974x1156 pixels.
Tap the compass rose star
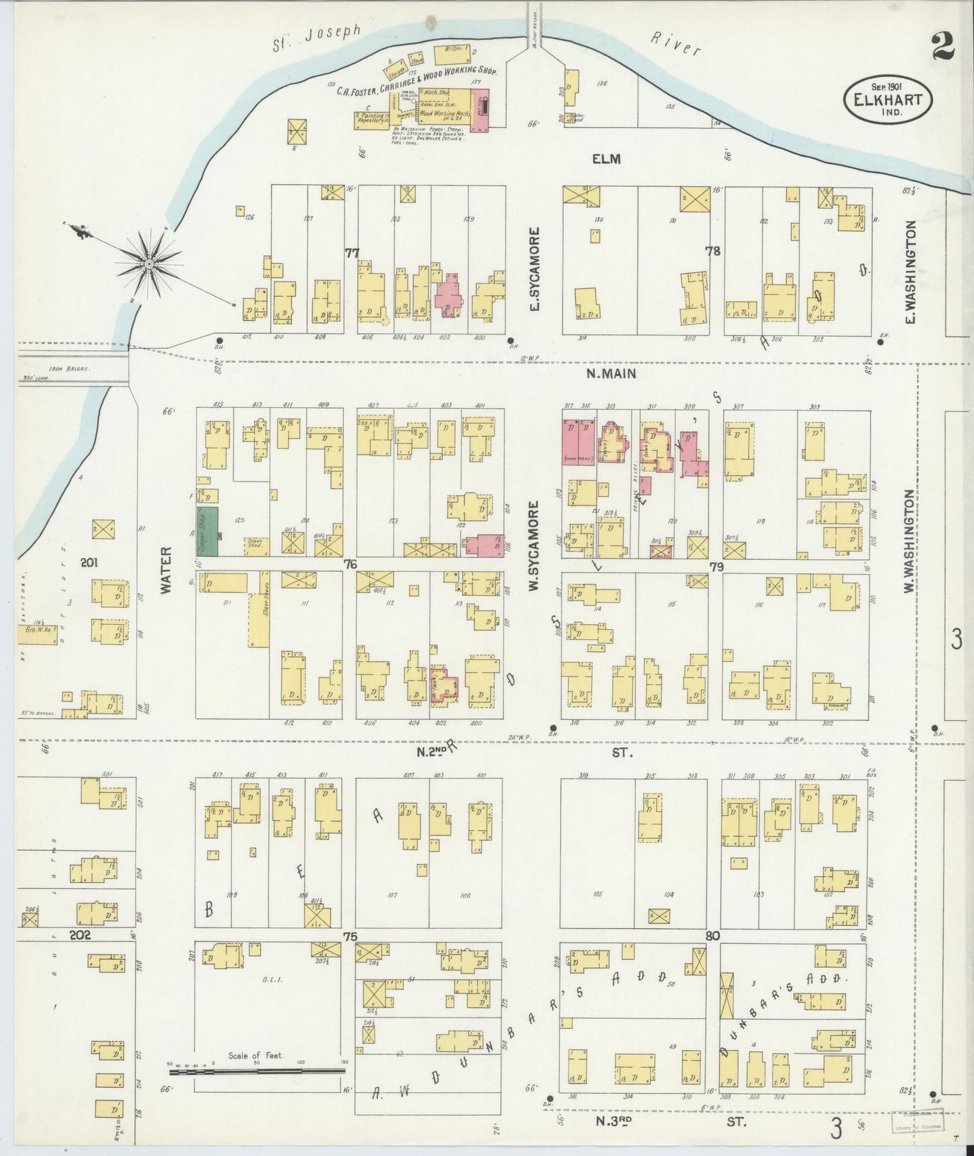click(x=148, y=262)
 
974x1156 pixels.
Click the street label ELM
click(x=606, y=159)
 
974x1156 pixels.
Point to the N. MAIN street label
click(x=607, y=374)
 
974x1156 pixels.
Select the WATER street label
click(x=166, y=570)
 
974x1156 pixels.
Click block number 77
click(x=351, y=253)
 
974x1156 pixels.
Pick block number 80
click(x=713, y=936)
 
